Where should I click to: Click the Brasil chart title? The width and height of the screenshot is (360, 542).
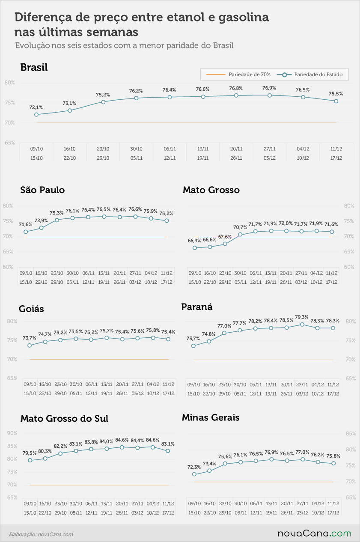34,67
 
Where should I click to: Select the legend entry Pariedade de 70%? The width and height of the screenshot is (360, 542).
238,74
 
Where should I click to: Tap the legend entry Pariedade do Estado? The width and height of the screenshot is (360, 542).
309,74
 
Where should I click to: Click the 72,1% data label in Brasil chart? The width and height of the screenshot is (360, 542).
36,107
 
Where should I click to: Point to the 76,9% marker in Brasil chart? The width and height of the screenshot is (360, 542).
270,95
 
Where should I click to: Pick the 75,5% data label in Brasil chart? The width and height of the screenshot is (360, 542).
336,94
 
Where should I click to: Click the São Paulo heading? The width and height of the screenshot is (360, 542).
42,190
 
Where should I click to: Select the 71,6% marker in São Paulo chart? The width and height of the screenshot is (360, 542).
26,232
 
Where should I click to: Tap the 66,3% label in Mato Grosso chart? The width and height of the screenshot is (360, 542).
194,241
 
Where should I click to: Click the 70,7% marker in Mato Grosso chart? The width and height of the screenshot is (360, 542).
240,235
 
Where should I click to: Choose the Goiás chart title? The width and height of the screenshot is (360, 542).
31,309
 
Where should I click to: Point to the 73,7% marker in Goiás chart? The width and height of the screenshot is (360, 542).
30,345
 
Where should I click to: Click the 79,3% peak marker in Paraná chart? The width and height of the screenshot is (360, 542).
302,324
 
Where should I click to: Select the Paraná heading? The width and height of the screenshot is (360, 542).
197,307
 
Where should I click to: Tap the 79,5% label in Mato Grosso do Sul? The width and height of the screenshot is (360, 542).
30,453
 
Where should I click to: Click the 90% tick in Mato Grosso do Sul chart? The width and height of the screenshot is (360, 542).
12,433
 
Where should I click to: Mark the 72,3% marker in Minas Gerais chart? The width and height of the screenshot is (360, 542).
194,474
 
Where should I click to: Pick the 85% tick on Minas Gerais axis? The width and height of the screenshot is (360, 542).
351,433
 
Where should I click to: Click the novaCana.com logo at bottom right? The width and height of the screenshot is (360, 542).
314,533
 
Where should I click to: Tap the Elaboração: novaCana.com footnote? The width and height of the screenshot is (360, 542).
41,534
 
